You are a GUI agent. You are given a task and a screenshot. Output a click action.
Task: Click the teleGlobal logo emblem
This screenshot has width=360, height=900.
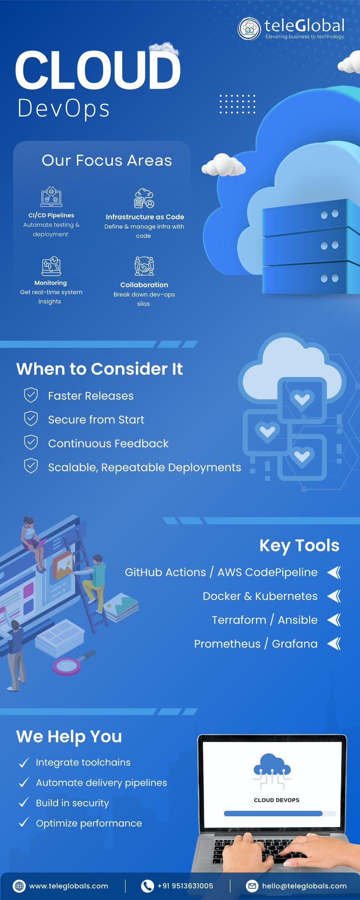point(249,29)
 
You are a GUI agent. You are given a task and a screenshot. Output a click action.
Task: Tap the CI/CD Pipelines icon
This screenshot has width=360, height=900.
point(51,197)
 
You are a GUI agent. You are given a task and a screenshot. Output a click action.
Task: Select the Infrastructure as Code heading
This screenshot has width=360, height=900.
point(145,217)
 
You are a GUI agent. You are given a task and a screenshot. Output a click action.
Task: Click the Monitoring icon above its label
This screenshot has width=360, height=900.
point(51,266)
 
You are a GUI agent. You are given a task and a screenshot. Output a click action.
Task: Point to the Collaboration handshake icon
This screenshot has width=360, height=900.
point(144,266)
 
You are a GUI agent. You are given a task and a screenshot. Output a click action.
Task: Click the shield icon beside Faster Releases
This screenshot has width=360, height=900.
point(31,395)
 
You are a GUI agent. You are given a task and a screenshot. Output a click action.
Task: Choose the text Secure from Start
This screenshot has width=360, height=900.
point(96,419)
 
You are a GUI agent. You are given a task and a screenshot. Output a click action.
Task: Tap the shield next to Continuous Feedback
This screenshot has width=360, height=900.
point(31,442)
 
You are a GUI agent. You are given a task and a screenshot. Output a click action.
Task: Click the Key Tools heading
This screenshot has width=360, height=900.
point(299,545)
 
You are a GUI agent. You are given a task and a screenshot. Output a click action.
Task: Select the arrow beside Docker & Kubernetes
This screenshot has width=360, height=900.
point(334,596)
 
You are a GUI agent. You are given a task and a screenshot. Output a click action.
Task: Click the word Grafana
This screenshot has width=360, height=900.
point(295,644)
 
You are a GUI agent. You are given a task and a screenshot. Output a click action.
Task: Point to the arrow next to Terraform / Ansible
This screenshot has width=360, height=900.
point(334,620)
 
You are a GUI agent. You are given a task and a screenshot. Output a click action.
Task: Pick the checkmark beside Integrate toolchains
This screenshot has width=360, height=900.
point(23,762)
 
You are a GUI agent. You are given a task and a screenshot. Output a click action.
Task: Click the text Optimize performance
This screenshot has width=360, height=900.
point(89,823)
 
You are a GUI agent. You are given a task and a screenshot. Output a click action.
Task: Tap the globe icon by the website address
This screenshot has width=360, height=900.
point(19,886)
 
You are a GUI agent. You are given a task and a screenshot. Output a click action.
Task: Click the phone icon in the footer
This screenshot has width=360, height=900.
point(147,886)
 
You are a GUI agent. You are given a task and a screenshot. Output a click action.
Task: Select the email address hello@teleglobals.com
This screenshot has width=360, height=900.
point(304,886)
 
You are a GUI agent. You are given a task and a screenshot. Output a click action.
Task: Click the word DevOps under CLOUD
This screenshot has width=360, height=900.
point(63,108)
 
